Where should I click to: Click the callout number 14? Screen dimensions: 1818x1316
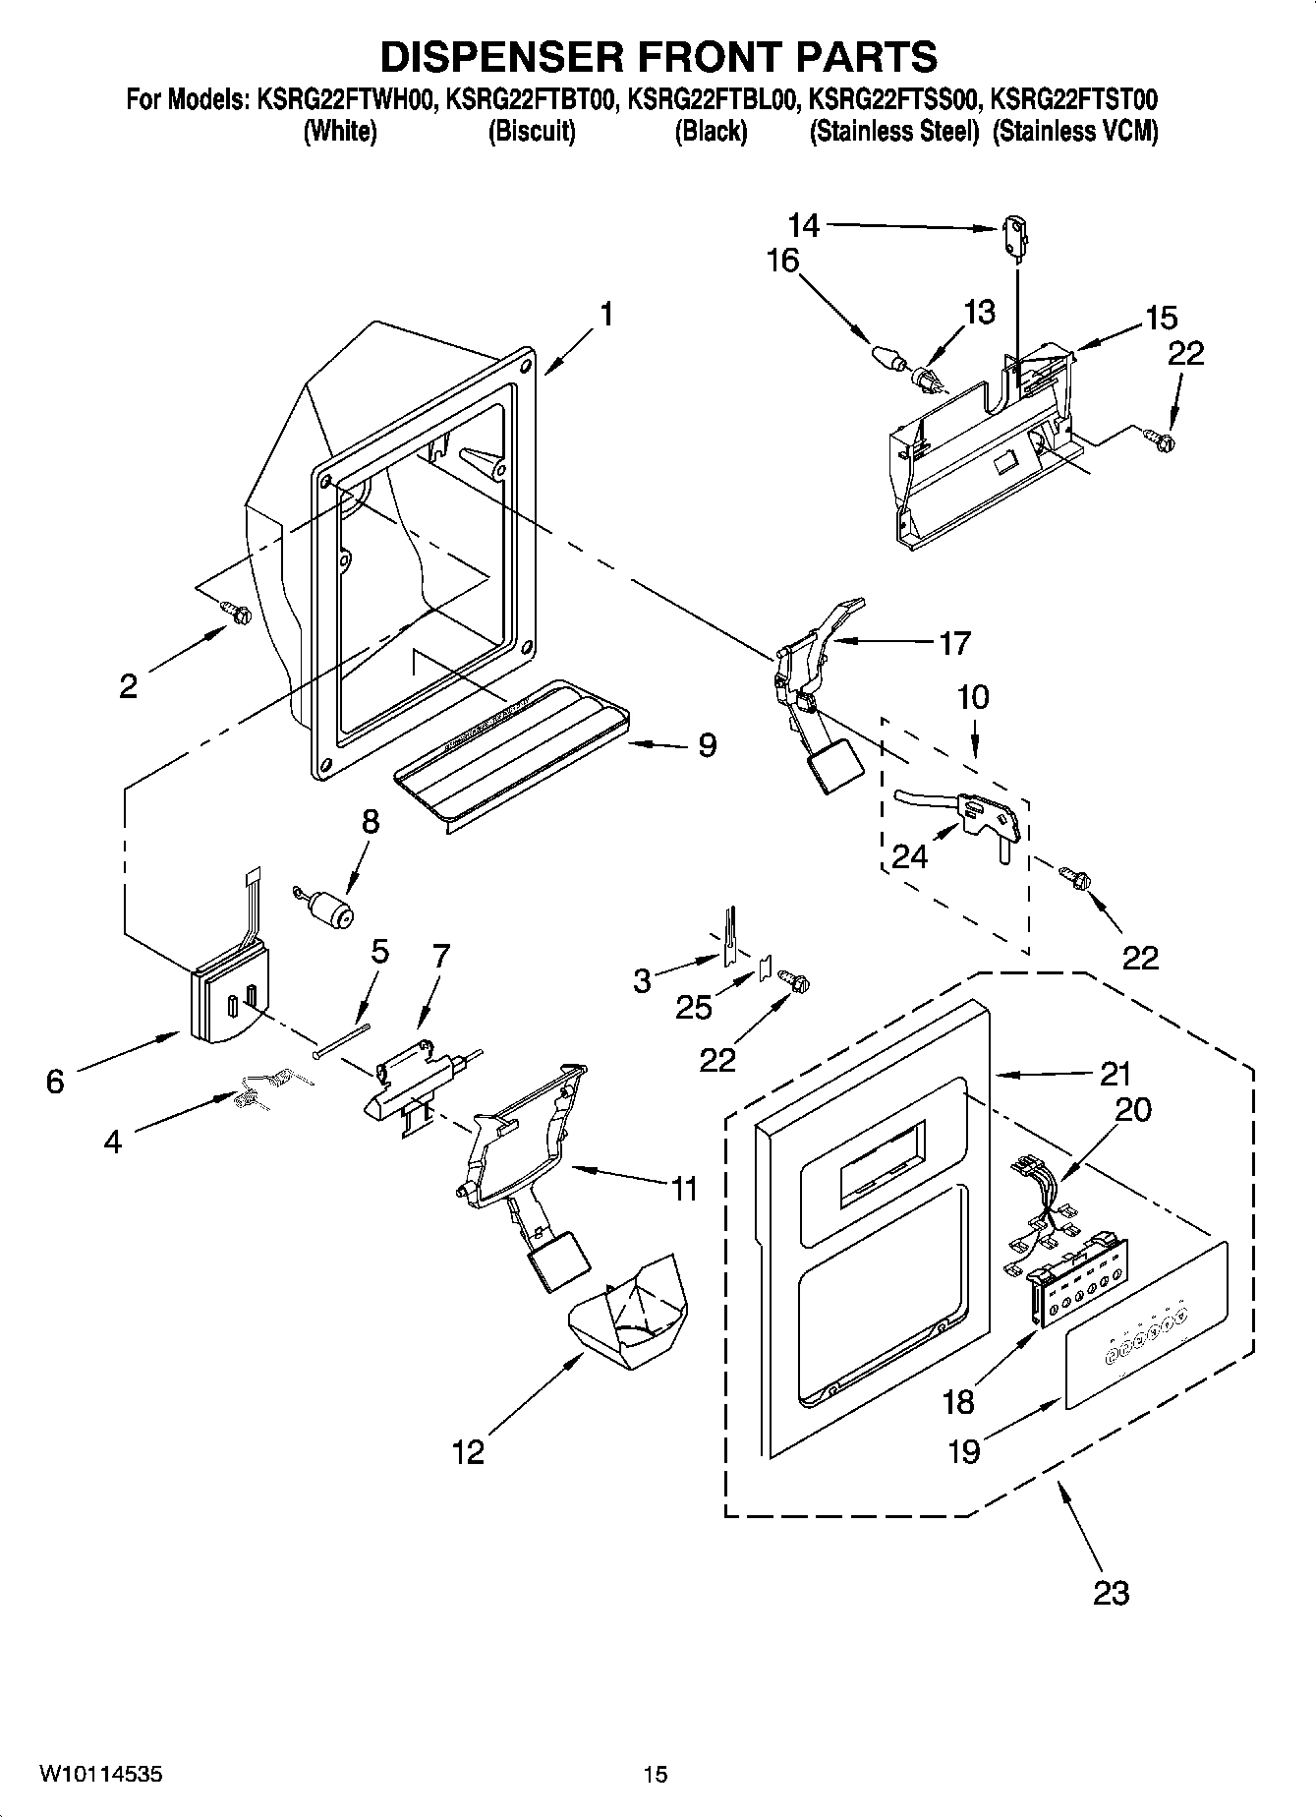tap(803, 226)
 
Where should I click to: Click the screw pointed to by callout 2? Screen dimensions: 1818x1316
tap(236, 613)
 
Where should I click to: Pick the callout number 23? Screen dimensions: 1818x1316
tap(1111, 1591)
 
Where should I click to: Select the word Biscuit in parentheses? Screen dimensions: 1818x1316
tap(532, 132)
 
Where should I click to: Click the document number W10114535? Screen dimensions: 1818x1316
tap(101, 1774)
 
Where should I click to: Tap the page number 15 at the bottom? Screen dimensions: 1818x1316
tap(656, 1774)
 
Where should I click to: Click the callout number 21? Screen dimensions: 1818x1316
tap(1116, 1074)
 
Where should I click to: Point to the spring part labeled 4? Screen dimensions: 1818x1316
tap(263, 1090)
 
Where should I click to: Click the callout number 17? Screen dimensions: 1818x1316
tap(954, 643)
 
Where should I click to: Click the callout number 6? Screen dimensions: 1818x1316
tap(55, 1082)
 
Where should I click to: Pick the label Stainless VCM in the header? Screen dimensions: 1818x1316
tap(1075, 132)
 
